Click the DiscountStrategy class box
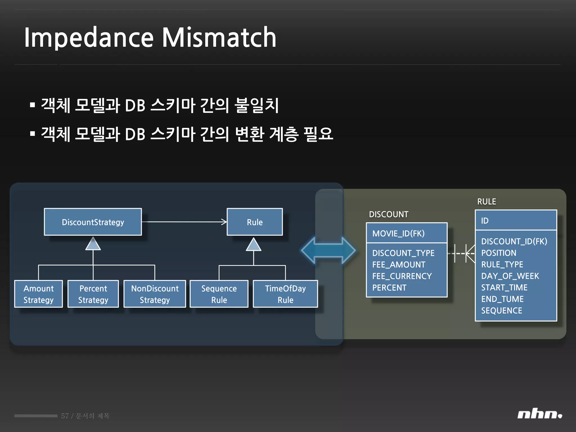pyautogui.click(x=93, y=222)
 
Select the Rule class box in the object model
pyautogui.click(x=255, y=222)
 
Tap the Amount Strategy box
pyautogui.click(x=39, y=294)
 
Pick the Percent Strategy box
pyautogui.click(x=93, y=294)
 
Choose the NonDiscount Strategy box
pyautogui.click(x=155, y=294)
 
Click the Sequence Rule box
pyautogui.click(x=219, y=294)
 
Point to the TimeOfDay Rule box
pyautogui.click(x=285, y=294)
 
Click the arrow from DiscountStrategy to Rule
pyautogui.click(x=184, y=222)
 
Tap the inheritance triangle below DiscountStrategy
pyautogui.click(x=93, y=244)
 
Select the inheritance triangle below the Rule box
pyautogui.click(x=254, y=245)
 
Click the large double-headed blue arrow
pyautogui.click(x=328, y=250)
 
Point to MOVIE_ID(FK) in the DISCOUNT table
pyautogui.click(x=398, y=233)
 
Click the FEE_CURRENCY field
pyautogui.click(x=402, y=276)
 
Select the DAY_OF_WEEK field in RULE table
pyautogui.click(x=510, y=276)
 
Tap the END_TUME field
pyautogui.click(x=502, y=299)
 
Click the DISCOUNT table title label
pyautogui.click(x=388, y=214)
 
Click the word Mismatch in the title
pyautogui.click(x=219, y=37)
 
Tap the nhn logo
pyautogui.click(x=539, y=414)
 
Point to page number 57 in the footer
pyautogui.click(x=65, y=416)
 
